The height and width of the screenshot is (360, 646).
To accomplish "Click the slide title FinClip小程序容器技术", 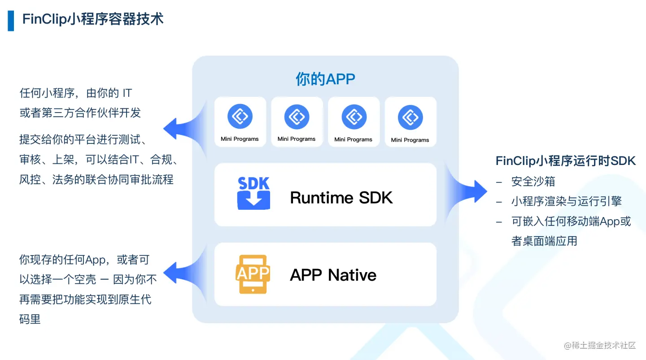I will [93, 19].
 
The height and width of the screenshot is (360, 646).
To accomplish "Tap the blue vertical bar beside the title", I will [11, 21].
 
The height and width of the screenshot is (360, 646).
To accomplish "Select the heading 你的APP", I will [325, 79].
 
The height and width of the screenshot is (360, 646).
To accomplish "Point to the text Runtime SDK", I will [341, 198].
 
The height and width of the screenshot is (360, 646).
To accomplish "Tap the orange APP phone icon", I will [253, 274].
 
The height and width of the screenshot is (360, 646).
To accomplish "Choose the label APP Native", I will [333, 275].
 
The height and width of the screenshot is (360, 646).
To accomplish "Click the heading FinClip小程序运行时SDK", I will [566, 161].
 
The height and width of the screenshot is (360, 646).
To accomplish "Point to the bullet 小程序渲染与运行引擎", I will [566, 201].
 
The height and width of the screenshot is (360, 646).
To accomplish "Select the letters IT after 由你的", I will [127, 93].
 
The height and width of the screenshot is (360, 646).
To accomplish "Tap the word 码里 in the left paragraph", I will [30, 319].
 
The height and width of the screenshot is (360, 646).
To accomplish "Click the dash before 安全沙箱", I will [499, 182].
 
